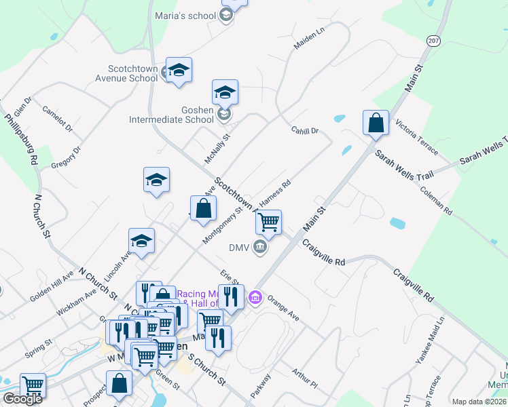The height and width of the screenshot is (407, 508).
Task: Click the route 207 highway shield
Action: (x=433, y=41)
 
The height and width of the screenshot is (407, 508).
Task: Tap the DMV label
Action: (x=238, y=247)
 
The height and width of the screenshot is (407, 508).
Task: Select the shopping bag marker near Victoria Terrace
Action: (x=376, y=123)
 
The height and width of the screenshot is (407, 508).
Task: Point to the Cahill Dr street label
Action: (x=305, y=130)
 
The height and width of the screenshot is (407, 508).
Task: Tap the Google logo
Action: (x=22, y=399)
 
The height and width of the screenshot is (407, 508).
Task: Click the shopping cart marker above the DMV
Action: (x=269, y=222)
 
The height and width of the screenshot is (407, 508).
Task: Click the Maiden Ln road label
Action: (x=310, y=38)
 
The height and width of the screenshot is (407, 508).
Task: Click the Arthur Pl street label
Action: (x=304, y=379)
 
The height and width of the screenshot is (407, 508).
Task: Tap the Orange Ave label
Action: (x=283, y=307)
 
